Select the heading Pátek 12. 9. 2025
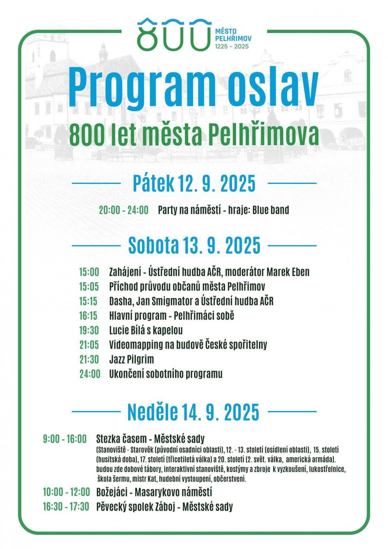coord(194,183)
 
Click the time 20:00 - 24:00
coord(124,210)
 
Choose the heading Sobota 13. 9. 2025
coord(194,245)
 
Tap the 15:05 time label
coord(89,286)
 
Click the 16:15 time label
coord(89,315)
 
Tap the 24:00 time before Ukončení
coord(89,374)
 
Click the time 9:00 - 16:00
coord(65,439)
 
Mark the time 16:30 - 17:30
coord(66,506)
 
